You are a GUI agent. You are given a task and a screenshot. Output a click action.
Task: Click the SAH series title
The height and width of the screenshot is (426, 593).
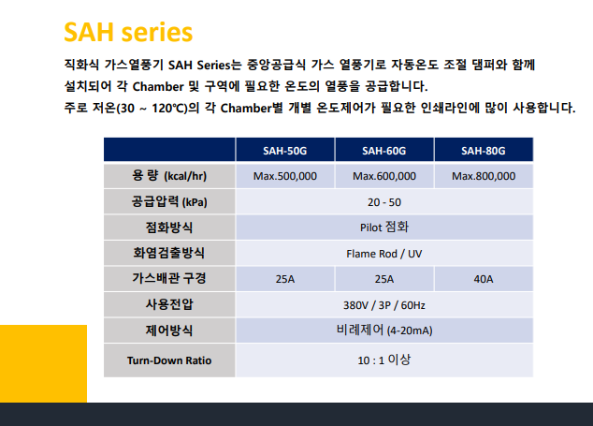[x=128, y=32]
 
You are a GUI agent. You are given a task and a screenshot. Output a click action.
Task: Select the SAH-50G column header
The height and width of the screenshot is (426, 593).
[x=284, y=151]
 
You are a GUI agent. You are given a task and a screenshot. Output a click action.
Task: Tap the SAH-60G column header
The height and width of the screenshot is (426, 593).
[x=383, y=151]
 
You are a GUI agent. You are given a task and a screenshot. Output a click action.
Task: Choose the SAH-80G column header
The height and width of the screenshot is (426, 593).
[x=483, y=151]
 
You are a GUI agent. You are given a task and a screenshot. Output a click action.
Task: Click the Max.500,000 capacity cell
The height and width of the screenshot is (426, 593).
[x=284, y=176]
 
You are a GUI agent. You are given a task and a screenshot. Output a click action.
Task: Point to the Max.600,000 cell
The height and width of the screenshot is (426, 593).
[x=384, y=176]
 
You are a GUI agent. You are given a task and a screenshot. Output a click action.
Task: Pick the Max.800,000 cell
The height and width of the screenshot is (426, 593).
[x=484, y=176]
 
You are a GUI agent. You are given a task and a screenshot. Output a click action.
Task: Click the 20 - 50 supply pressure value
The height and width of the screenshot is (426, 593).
[x=384, y=202]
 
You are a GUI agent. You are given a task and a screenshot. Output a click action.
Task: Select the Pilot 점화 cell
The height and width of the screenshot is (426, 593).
[x=384, y=228]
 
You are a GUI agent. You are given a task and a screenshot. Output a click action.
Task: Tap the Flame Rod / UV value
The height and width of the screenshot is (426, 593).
[x=384, y=254]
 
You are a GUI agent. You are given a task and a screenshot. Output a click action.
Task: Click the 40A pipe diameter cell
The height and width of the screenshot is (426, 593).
[x=484, y=279]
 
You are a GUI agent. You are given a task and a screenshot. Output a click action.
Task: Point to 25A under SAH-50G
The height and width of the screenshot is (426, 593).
[x=284, y=279]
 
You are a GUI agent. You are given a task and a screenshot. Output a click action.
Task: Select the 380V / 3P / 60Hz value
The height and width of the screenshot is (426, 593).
[x=384, y=305]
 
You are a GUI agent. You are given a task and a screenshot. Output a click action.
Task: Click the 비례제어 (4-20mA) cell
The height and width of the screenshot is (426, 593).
[x=384, y=330]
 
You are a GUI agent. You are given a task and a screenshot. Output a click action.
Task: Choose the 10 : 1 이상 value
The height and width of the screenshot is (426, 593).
[x=384, y=360]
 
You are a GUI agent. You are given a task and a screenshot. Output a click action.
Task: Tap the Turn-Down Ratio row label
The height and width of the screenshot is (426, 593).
[x=169, y=360]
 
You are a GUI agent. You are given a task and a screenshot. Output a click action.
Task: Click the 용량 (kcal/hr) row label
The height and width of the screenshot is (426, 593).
[x=169, y=176]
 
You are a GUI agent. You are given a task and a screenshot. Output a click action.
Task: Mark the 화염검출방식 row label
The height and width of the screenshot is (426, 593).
[x=168, y=253]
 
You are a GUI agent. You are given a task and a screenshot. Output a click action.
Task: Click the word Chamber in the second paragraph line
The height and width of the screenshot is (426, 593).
[x=158, y=86]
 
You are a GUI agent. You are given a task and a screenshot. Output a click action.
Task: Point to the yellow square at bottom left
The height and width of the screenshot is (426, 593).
[x=43, y=363]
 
